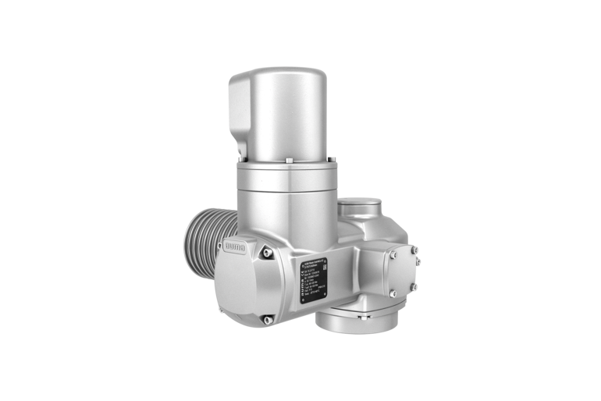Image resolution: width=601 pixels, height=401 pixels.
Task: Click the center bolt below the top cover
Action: [288, 161]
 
